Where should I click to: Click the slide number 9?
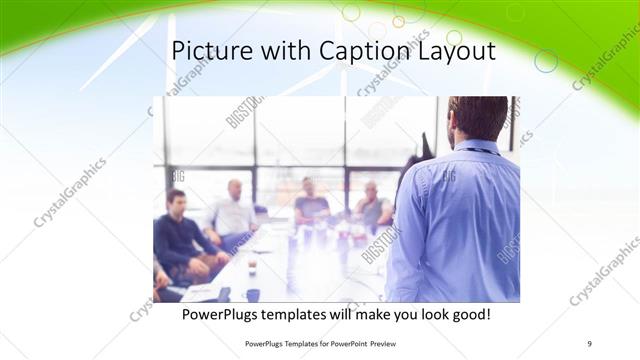590,344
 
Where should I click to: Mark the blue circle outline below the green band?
546,61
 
